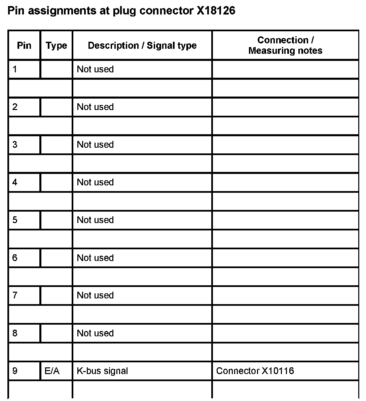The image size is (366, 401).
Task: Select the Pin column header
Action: click(24, 45)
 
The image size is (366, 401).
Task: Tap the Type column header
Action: click(56, 45)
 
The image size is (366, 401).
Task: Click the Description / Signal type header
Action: click(142, 45)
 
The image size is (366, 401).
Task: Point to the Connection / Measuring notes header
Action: click(285, 45)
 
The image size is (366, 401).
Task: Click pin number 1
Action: click(15, 69)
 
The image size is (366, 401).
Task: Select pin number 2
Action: click(15, 107)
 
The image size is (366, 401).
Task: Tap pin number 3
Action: click(15, 145)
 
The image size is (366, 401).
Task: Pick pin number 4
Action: click(15, 182)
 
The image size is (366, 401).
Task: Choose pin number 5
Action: click(15, 220)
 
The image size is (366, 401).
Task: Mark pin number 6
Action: click(15, 258)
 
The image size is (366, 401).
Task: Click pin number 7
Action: click(15, 295)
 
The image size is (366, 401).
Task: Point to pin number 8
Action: click(15, 333)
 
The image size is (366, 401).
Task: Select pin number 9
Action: click(15, 371)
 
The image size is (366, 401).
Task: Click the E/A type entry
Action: click(52, 371)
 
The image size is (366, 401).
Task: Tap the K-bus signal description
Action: click(102, 371)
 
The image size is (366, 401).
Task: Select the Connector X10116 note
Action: click(255, 371)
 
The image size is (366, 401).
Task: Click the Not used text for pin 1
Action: click(95, 69)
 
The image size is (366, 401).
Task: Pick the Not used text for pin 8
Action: click(95, 333)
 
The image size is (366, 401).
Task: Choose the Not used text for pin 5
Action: click(95, 220)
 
